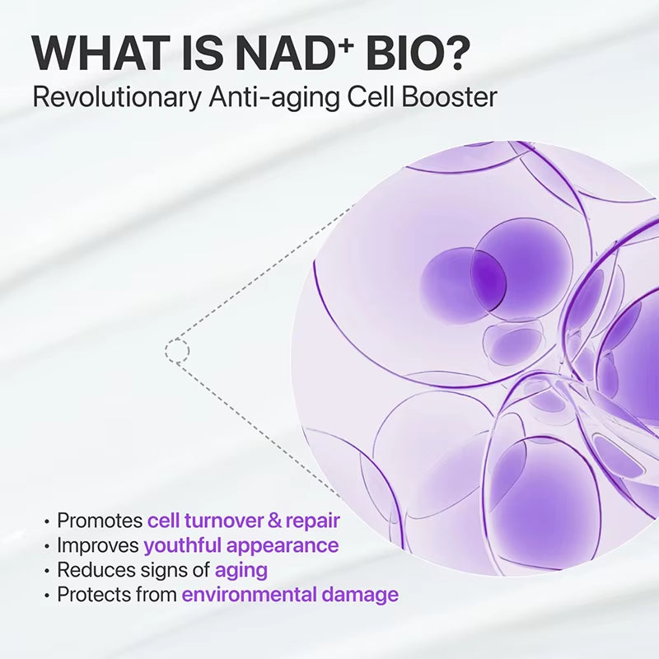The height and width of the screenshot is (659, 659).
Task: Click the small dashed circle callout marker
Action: click(176, 352)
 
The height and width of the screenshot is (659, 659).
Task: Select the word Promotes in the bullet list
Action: click(100, 521)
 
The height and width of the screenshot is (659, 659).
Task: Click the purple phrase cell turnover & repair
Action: click(243, 521)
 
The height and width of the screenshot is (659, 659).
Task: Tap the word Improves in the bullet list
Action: click(98, 544)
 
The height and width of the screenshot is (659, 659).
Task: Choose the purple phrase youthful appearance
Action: click(241, 545)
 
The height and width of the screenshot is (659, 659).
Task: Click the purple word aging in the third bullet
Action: click(241, 570)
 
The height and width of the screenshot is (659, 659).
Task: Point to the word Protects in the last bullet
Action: click(92, 594)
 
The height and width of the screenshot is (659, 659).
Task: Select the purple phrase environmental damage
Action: click(290, 594)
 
